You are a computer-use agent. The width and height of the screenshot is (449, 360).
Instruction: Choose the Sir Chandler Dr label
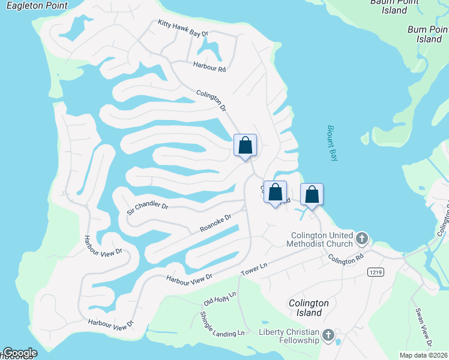(147, 208)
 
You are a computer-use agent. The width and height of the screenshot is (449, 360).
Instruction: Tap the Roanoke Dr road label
(215, 224)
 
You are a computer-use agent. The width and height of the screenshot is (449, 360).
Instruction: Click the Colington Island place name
(309, 308)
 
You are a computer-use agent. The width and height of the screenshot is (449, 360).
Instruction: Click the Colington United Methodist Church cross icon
(361, 239)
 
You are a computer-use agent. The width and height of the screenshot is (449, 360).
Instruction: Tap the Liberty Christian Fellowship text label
(289, 336)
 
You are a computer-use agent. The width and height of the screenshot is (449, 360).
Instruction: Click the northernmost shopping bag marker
(245, 145)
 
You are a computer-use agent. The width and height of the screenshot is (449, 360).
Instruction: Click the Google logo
(20, 353)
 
